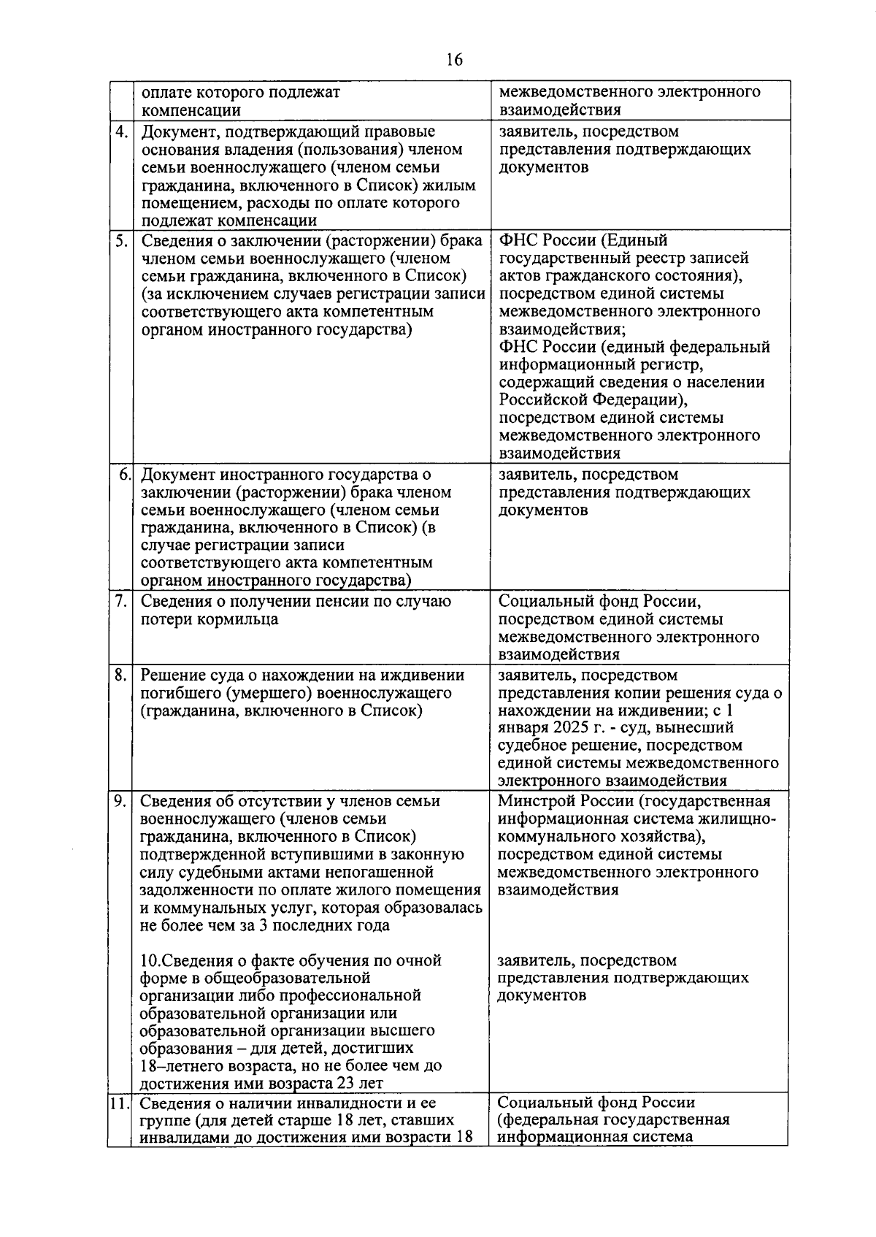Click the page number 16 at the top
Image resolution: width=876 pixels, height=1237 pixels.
point(453,61)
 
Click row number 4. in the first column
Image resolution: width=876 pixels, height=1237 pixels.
point(120,131)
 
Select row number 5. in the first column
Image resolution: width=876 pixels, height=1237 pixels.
point(120,240)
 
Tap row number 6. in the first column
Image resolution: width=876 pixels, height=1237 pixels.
point(124,475)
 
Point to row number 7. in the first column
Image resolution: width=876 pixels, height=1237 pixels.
point(120,601)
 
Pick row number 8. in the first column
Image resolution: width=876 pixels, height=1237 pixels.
point(120,675)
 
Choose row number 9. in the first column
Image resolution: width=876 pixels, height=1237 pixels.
point(120,801)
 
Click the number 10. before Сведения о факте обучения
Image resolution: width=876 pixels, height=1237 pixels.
point(152,960)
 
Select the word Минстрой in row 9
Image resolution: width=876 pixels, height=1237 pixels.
point(532,801)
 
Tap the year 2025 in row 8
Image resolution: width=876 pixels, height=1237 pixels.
point(574,728)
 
